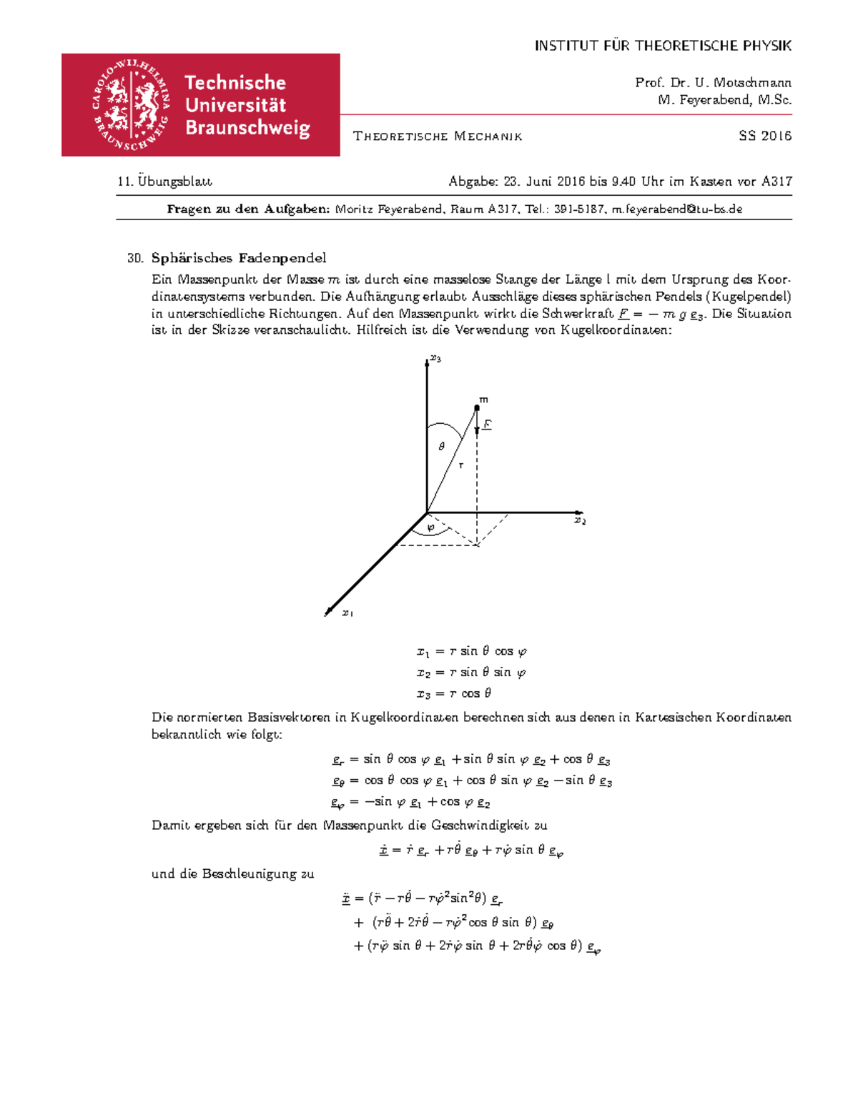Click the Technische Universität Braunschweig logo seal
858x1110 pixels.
(x=132, y=105)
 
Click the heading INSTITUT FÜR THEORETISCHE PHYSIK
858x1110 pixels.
(x=663, y=46)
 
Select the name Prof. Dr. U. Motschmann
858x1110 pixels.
(x=713, y=83)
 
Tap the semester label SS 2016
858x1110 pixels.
(x=764, y=136)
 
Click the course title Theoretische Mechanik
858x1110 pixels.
(x=438, y=137)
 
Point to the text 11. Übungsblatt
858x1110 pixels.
(x=165, y=182)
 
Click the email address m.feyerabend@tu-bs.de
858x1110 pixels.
(x=677, y=209)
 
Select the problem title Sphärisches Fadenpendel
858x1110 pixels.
(x=239, y=258)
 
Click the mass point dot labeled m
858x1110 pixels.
(x=477, y=407)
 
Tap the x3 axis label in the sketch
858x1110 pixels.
(x=435, y=359)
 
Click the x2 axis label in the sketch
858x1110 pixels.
(x=580, y=521)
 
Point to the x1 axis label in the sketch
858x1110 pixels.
(x=347, y=613)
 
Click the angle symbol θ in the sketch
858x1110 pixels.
(x=441, y=446)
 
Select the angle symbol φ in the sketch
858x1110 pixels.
(x=430, y=527)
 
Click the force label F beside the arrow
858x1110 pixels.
(x=487, y=425)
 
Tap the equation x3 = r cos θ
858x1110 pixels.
(x=454, y=693)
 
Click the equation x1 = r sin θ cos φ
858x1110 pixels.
(x=472, y=651)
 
